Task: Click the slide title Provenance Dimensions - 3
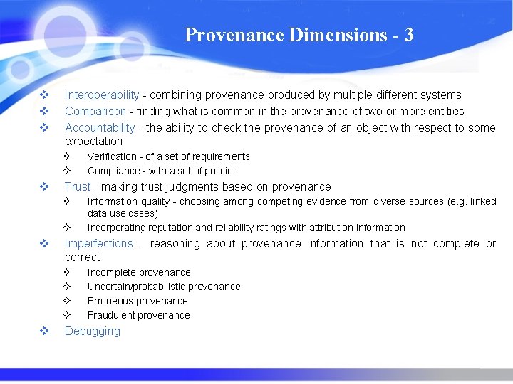tap(299, 35)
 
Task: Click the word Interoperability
tap(102, 95)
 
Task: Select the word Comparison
tap(95, 111)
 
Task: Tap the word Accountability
tap(99, 127)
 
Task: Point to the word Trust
tap(78, 186)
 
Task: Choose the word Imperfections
tap(98, 243)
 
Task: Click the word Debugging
tap(93, 331)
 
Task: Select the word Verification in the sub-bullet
tap(112, 156)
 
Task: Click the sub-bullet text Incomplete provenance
tap(139, 272)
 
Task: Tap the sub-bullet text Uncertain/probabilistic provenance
tap(164, 287)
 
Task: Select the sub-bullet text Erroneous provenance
tap(138, 301)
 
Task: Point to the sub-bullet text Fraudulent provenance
tap(138, 315)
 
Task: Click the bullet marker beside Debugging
tap(44, 331)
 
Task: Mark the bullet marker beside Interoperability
tap(44, 95)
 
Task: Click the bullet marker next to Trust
tap(44, 186)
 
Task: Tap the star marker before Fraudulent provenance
tap(66, 315)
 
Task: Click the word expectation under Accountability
tap(93, 141)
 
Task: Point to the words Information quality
tap(131, 201)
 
